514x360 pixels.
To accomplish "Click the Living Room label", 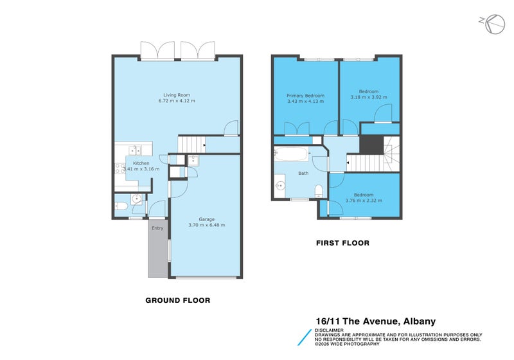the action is tap(177, 95).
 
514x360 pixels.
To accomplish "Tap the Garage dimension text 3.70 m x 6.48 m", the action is tap(206, 225).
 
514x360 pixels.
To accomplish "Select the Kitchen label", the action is tap(141, 163).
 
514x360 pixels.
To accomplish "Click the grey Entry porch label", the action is tap(157, 228).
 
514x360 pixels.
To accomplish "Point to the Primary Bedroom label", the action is tap(306, 96).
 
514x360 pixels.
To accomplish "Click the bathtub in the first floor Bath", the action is tap(291, 154).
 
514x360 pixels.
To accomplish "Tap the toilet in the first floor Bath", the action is tap(319, 191).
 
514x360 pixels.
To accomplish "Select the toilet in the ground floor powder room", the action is tap(121, 206).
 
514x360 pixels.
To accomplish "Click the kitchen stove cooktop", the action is tap(120, 168).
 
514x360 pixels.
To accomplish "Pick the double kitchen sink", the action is tap(135, 150).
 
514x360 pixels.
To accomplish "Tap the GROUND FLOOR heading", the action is tap(178, 300).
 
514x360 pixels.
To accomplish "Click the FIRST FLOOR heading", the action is tap(342, 243).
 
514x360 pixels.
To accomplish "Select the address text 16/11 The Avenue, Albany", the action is tap(376, 321).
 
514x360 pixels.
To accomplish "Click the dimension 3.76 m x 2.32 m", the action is tap(364, 201).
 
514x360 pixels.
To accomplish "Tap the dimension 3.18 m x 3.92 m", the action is tap(369, 97).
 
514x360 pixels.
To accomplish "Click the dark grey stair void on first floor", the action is tap(372, 145).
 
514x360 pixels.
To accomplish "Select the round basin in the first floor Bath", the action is tap(280, 186).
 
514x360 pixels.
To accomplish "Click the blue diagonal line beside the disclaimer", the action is tap(305, 337).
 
